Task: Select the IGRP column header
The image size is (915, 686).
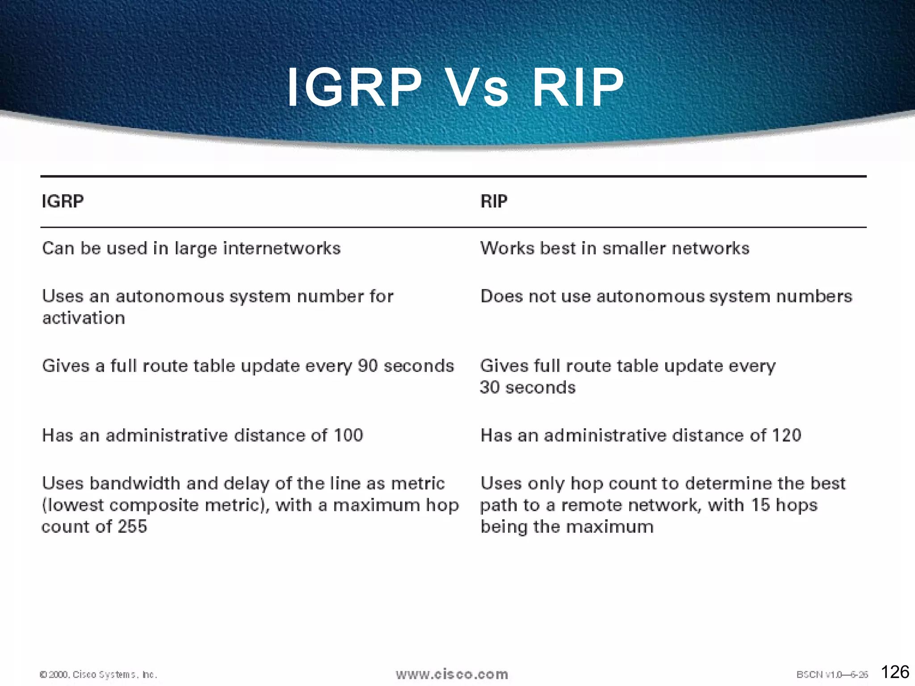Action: coord(63,201)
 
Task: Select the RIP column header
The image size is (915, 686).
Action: coord(494,201)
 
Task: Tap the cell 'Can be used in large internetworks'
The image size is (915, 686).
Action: coord(191,248)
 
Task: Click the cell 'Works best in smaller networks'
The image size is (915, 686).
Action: coord(614,248)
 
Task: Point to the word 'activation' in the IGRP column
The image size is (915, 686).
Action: coord(84,318)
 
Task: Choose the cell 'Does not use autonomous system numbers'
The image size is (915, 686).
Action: coord(666,297)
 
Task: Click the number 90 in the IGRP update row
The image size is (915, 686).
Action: coord(368,366)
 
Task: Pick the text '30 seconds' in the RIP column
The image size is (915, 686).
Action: coord(528,387)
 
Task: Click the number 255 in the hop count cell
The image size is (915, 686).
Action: coord(132,527)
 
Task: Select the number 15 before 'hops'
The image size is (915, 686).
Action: coord(760,505)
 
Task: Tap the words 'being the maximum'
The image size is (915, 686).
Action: coord(567,527)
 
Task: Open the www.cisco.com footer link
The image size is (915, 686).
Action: coord(452,674)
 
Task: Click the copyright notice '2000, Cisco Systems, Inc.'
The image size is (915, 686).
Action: coord(99,674)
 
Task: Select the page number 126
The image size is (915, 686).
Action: coord(895,672)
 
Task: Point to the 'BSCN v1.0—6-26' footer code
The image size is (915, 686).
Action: coord(832,674)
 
